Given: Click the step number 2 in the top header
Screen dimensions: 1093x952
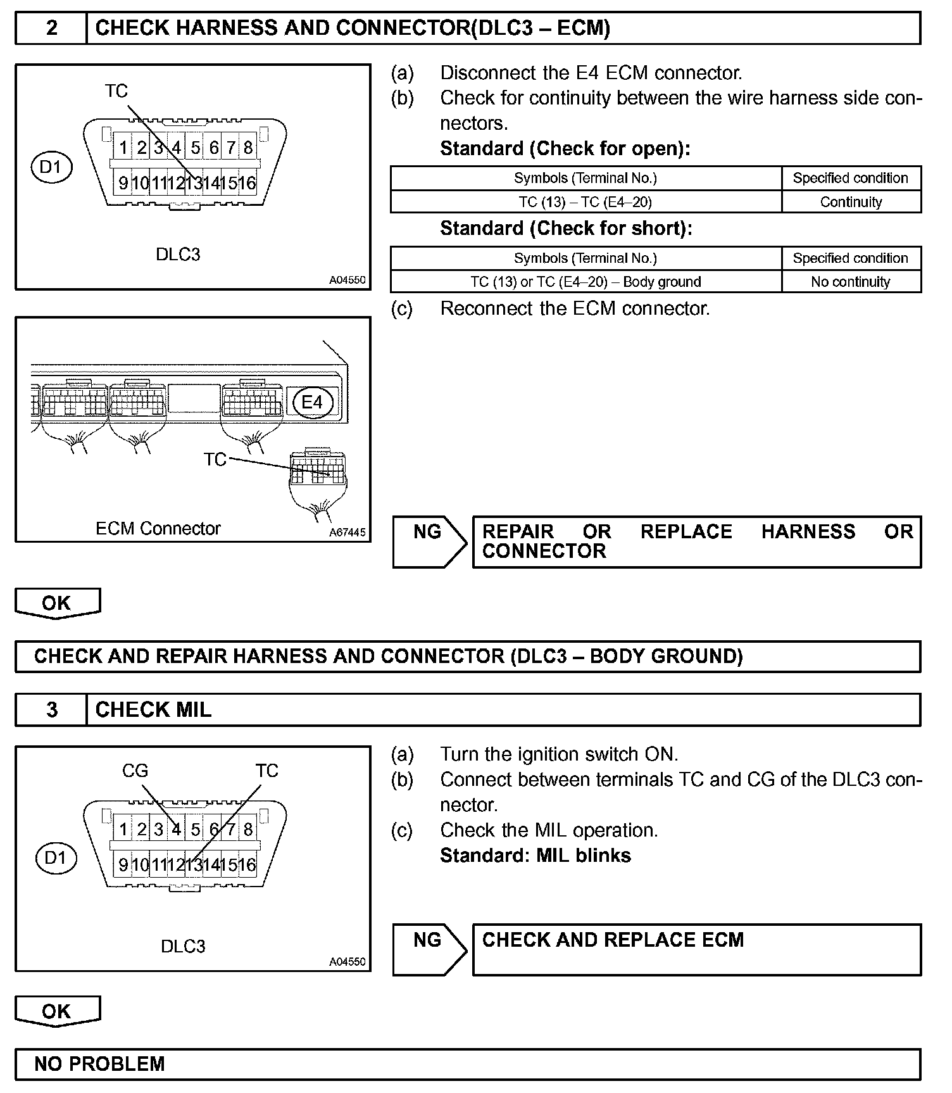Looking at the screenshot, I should pos(51,28).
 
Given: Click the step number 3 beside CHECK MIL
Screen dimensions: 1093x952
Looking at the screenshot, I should pos(51,709).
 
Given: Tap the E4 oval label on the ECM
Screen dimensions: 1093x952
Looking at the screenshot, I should pos(312,402).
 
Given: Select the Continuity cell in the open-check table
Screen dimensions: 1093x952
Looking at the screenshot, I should pos(851,202).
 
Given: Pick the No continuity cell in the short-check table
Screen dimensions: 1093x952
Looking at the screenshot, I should pos(851,282).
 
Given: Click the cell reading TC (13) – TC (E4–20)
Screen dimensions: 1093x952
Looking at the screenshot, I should pos(586,202).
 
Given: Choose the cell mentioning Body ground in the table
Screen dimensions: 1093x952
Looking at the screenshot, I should pos(586,282).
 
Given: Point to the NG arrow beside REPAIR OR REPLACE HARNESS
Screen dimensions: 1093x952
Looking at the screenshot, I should pos(429,541).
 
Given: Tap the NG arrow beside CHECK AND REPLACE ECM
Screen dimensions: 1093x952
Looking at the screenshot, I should pos(429,949).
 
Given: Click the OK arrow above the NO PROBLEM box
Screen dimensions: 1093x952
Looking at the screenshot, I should pos(57,1011).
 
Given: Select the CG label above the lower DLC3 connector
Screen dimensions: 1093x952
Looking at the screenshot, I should pos(135,771).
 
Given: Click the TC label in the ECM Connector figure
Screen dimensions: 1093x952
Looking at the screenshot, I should pos(215,459).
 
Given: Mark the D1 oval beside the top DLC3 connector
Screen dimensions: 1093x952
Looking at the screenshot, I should pos(51,167).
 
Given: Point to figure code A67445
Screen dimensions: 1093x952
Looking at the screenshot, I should pos(347,533).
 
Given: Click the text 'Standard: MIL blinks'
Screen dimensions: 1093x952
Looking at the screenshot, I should pos(535,856).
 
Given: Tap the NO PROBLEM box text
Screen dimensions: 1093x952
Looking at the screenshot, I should pos(99,1064).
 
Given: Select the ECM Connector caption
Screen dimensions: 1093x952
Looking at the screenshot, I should pos(158,529).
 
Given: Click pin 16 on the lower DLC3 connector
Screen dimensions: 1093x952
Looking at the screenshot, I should pos(247,864).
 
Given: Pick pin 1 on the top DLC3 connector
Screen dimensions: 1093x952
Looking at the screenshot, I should pos(123,148).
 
